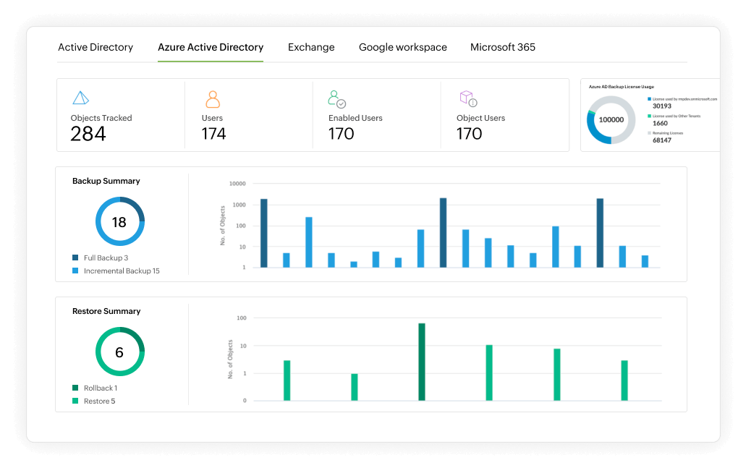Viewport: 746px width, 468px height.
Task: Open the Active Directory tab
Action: pos(96,47)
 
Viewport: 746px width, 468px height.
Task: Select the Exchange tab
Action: pos(311,47)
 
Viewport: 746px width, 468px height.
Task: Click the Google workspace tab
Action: pos(403,47)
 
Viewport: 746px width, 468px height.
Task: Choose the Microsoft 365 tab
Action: pos(503,47)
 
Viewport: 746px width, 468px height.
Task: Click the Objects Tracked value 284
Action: pos(88,134)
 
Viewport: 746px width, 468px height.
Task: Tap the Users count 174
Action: pos(213,134)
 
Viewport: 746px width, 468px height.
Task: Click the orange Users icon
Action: pos(212,99)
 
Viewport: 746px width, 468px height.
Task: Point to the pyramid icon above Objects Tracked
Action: pos(80,98)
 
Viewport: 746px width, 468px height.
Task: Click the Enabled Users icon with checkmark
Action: pos(336,99)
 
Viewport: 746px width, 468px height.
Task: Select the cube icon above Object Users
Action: pos(467,98)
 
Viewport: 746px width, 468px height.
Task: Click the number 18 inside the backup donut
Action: pos(119,222)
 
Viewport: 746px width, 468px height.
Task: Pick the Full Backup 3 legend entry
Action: pos(105,258)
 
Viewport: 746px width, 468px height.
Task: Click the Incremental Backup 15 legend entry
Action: pos(121,271)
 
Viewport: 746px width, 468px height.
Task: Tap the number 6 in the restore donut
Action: pos(119,352)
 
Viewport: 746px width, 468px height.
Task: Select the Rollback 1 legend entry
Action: pos(100,388)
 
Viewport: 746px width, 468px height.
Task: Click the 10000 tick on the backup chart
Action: pos(237,184)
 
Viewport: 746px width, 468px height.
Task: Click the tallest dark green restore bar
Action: pos(421,362)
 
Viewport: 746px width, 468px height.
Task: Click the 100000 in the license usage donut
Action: pos(611,119)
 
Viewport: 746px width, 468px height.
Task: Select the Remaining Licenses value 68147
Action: pos(662,140)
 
